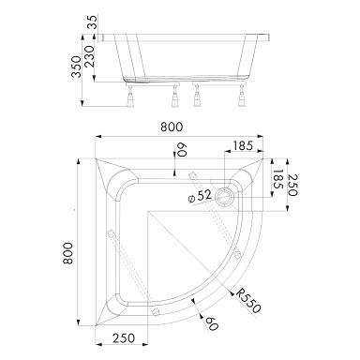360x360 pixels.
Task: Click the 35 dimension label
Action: (93, 22)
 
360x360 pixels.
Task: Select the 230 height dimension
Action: (90, 56)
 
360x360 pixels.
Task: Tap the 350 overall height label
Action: (77, 67)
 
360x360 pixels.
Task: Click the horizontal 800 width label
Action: (172, 127)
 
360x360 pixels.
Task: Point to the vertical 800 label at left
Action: (68, 253)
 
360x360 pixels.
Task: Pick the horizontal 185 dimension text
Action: (242, 145)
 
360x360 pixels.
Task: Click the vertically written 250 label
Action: (292, 185)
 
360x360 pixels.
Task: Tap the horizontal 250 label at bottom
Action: (124, 338)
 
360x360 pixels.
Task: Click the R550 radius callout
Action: (248, 301)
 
